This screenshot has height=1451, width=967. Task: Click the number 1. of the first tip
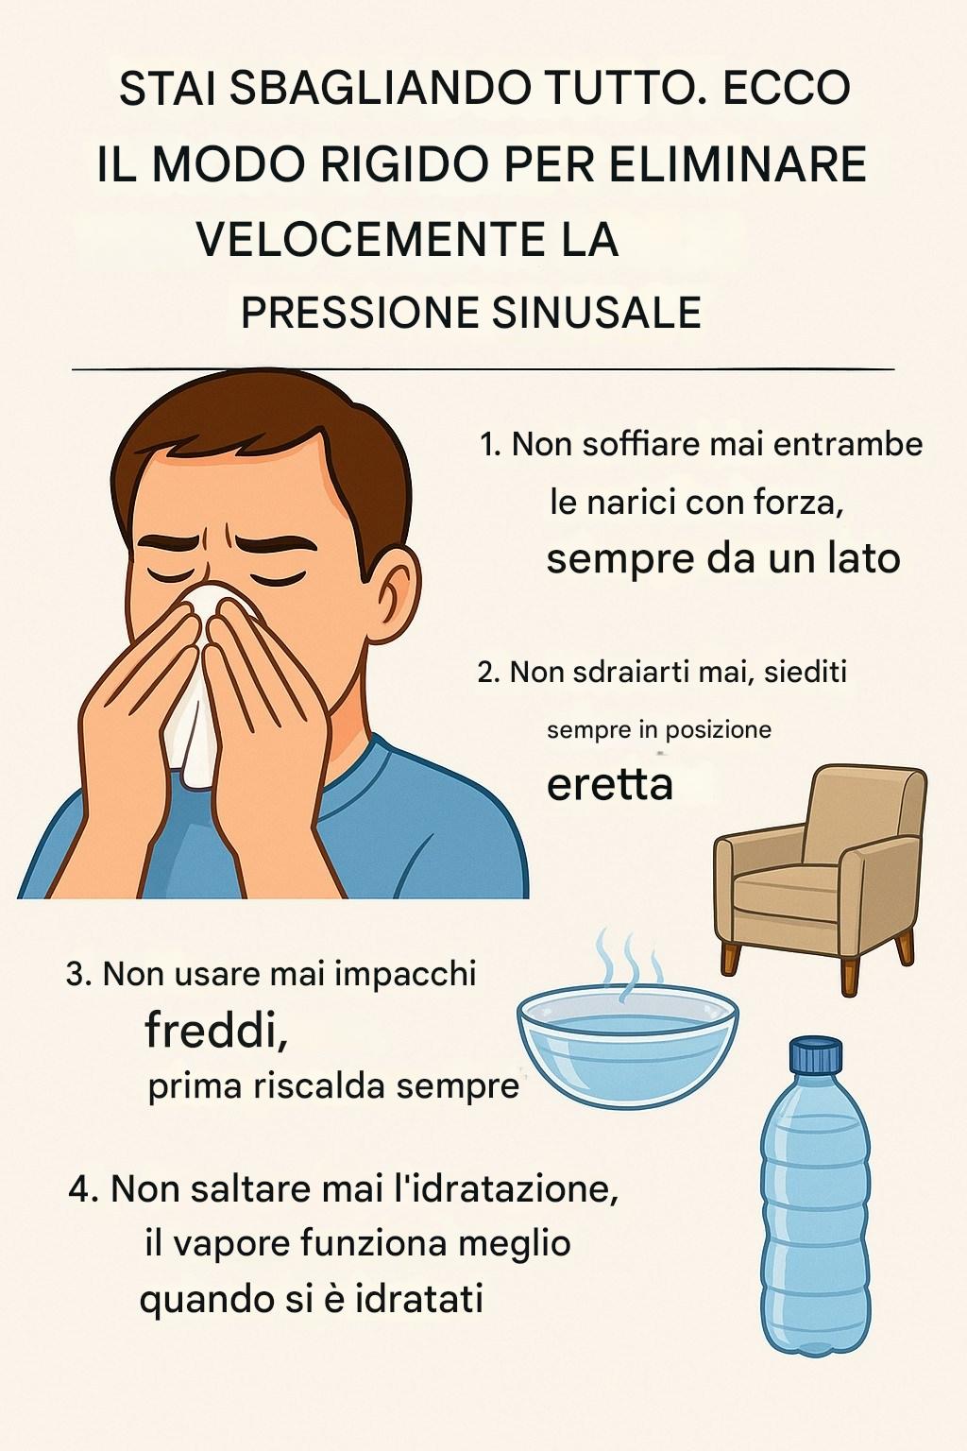click(491, 446)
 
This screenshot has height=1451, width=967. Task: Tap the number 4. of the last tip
click(83, 1190)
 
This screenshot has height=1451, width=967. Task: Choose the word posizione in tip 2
click(718, 730)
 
